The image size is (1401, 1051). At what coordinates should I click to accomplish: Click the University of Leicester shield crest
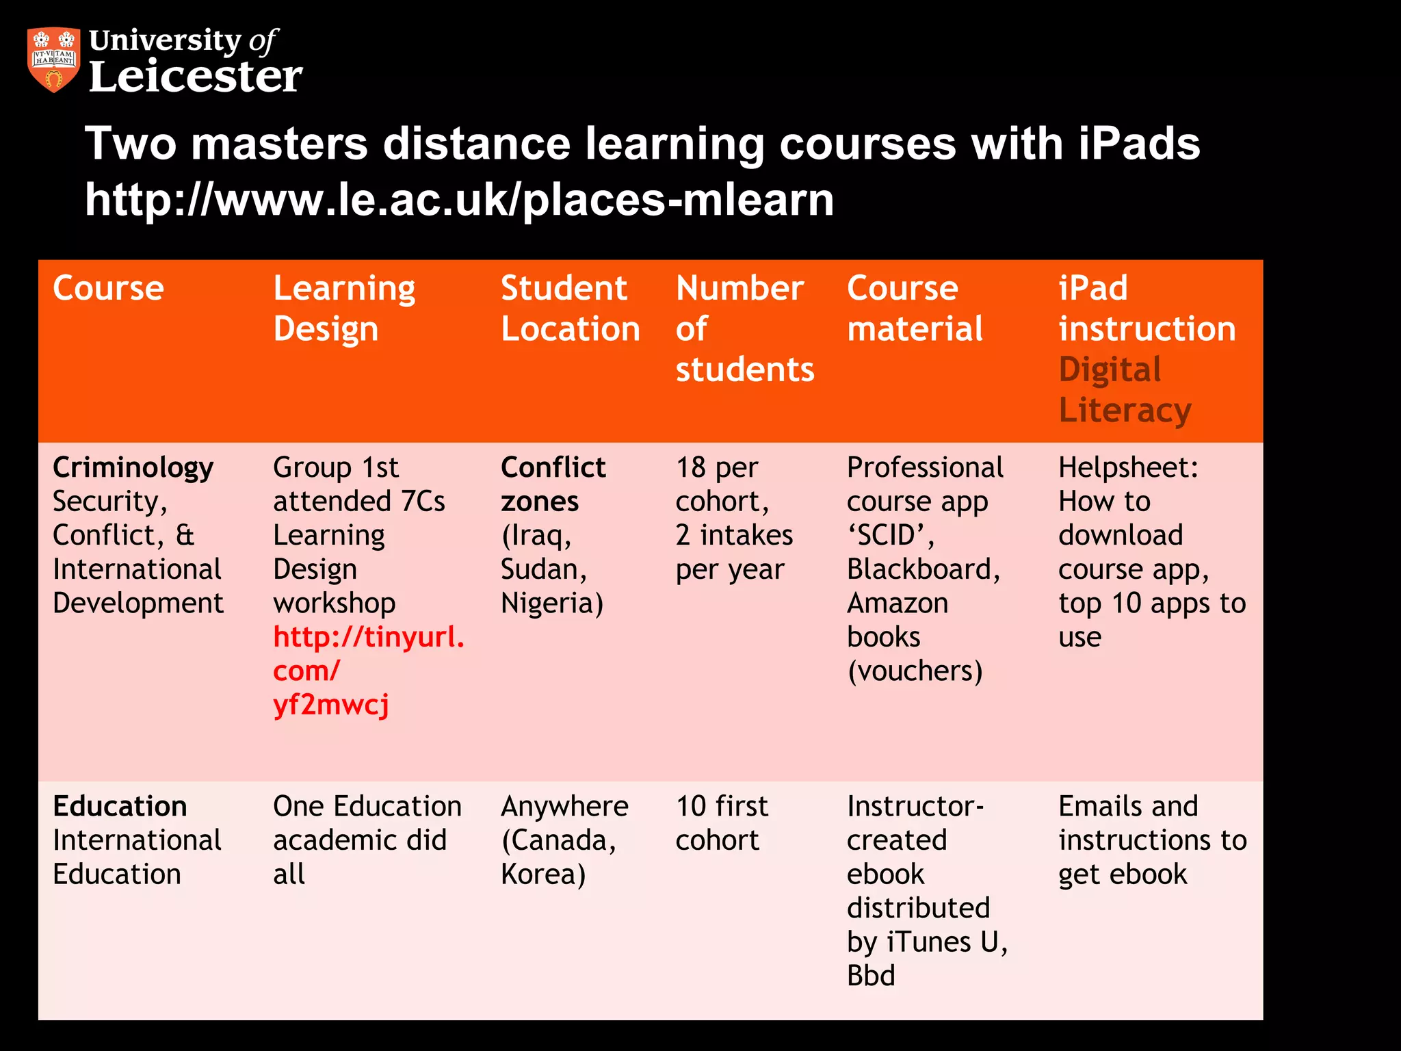[53, 59]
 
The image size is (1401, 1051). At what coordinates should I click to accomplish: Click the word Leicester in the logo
[196, 76]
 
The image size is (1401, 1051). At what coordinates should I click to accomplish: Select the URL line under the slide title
[459, 200]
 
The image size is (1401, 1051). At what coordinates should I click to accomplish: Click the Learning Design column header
[344, 309]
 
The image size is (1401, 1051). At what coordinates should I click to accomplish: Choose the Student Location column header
[570, 309]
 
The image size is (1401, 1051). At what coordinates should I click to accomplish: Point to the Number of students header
[744, 328]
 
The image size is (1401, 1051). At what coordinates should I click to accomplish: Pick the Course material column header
[915, 309]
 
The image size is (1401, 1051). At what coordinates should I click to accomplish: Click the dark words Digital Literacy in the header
[1124, 390]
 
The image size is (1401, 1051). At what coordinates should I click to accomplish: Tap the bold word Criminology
[133, 468]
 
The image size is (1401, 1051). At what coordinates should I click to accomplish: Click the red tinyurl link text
[368, 671]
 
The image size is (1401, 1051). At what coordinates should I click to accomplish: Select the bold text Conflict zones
[553, 484]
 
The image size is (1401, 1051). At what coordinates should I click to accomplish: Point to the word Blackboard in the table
[923, 569]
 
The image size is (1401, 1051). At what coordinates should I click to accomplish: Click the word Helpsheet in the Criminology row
[1128, 468]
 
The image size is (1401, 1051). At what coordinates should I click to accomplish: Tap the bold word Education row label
[120, 807]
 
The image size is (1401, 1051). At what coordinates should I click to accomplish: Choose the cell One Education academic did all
[367, 840]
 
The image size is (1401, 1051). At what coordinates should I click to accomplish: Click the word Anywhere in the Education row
[564, 807]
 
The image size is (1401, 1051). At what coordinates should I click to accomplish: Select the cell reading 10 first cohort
[722, 823]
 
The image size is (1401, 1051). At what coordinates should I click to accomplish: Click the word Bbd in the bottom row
[871, 976]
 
